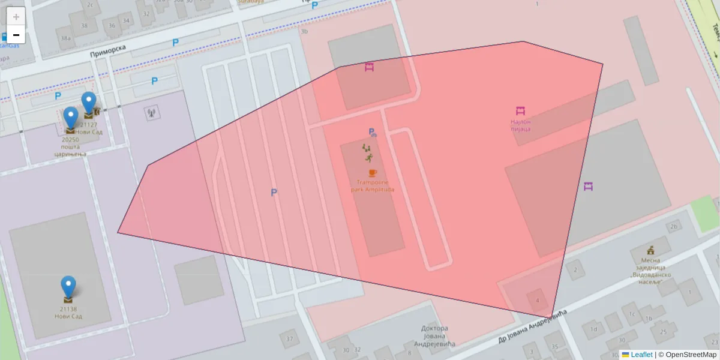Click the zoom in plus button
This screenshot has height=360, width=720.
click(x=16, y=16)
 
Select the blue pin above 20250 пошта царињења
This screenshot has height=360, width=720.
click(x=71, y=118)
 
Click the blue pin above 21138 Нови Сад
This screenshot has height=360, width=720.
click(x=68, y=287)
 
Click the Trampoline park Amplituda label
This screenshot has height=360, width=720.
click(x=373, y=186)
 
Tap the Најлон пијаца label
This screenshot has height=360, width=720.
click(x=520, y=125)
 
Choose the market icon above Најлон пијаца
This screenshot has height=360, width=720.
click(x=520, y=110)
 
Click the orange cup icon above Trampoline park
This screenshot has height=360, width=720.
click(x=373, y=173)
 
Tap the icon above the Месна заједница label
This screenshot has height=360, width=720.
click(x=650, y=250)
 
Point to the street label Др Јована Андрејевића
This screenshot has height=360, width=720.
click(x=532, y=328)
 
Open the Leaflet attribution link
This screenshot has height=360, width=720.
click(x=641, y=355)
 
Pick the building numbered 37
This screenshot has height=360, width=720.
click(x=290, y=339)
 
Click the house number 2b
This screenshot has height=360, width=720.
click(x=674, y=226)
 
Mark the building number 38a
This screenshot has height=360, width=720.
click(x=65, y=38)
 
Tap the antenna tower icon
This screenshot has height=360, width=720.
click(x=151, y=112)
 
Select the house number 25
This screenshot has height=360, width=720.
click(x=662, y=331)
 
